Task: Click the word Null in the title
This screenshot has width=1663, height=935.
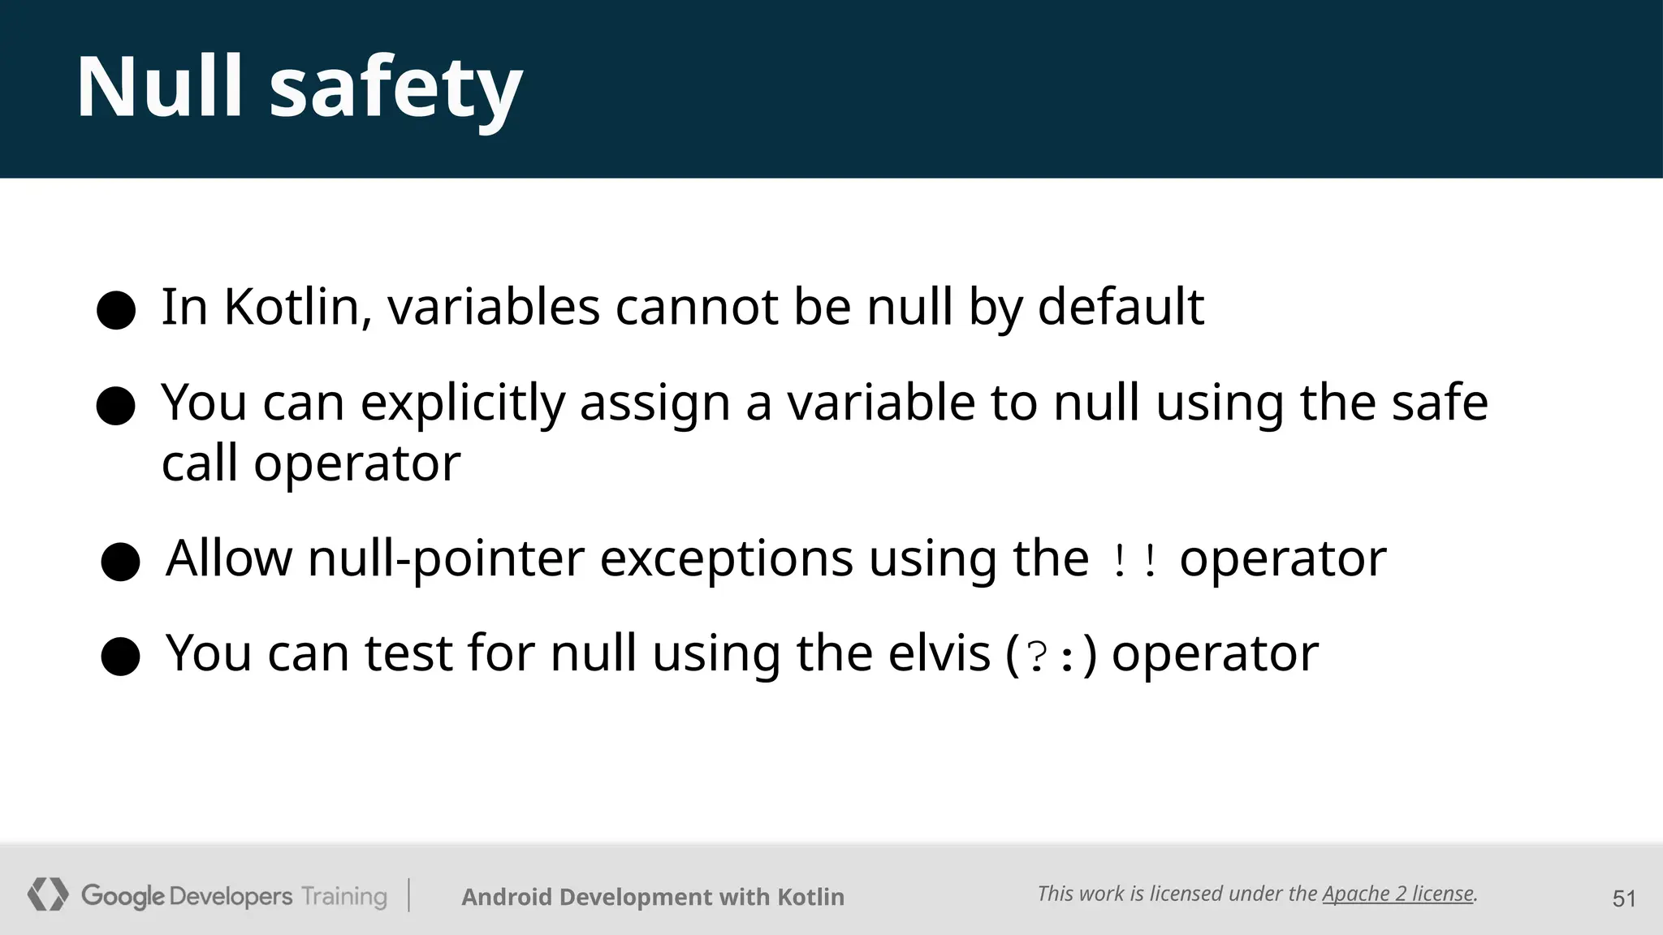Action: pos(159,86)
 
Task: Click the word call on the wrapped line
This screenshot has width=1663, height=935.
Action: pos(200,463)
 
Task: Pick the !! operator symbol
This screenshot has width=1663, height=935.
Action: pos(1134,561)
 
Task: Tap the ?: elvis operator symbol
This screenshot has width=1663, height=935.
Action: pos(1052,656)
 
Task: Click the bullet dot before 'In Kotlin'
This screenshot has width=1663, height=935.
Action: pos(116,310)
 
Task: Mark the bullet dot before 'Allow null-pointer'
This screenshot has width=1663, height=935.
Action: pos(121,562)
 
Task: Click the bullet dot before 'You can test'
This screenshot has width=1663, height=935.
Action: pos(121,656)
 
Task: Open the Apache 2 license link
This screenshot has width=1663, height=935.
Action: pos(1397,894)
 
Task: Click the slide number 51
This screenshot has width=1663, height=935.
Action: pos(1624,898)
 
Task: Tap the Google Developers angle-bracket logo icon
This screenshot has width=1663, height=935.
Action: pos(48,894)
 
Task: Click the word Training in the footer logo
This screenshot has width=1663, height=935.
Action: pos(344,897)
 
